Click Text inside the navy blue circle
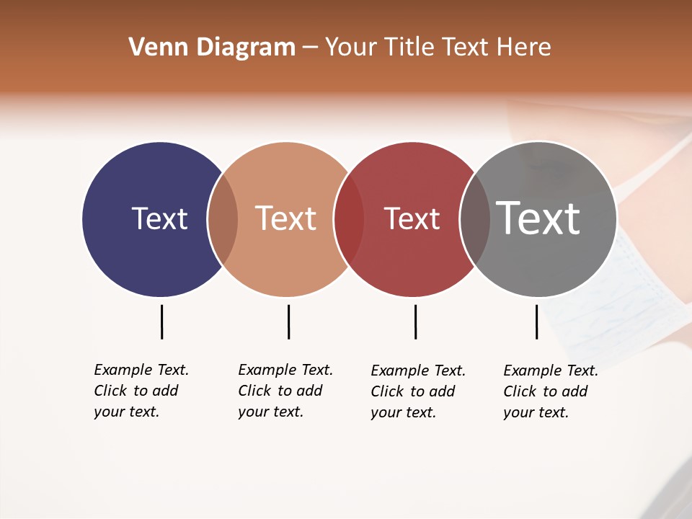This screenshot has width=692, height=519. [x=159, y=218]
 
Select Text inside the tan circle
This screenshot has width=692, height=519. [x=286, y=218]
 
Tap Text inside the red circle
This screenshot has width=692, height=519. [x=412, y=219]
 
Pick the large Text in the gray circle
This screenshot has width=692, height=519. [x=538, y=218]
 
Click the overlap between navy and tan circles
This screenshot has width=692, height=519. [x=223, y=219]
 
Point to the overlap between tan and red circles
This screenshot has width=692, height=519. [x=349, y=219]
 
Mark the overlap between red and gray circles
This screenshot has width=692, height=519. [x=475, y=219]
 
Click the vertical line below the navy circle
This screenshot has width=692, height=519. [x=161, y=321]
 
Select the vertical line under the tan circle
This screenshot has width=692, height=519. [x=288, y=321]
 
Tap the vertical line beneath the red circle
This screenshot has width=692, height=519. [x=415, y=321]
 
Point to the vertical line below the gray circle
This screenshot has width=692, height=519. [x=536, y=321]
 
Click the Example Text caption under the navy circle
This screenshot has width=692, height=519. [x=141, y=391]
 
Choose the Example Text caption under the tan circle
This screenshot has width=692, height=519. [x=285, y=391]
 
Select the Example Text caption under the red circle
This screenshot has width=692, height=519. [x=417, y=391]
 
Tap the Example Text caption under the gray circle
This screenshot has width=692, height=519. [x=550, y=391]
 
